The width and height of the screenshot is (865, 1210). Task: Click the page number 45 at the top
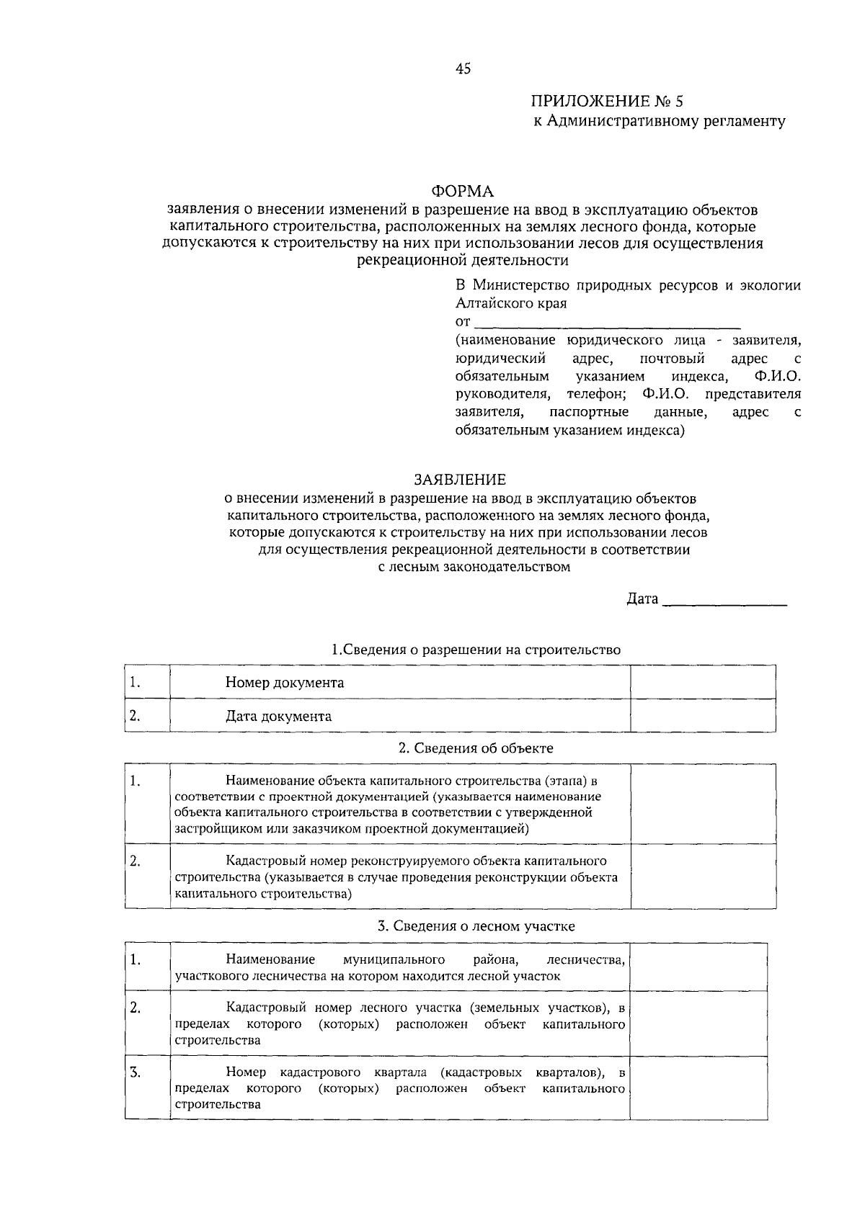tap(463, 69)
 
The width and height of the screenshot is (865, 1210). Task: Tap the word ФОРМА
tap(463, 191)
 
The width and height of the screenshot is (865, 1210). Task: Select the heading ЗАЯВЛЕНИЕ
tap(460, 480)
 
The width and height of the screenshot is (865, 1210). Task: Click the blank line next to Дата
tap(724, 599)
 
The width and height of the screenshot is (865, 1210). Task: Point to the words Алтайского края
tap(511, 303)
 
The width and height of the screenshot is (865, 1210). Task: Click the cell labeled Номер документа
tap(284, 682)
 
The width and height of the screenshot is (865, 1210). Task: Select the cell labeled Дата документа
tap(278, 716)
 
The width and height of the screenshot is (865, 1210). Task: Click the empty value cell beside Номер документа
tap(703, 682)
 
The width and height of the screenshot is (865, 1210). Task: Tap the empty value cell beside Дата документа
tap(703, 716)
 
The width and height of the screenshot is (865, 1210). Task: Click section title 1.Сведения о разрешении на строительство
tap(476, 650)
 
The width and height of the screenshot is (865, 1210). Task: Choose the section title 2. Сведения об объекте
tap(476, 748)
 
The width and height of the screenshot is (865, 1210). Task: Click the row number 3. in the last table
tap(136, 1073)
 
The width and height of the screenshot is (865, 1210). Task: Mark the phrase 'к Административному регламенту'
tap(659, 121)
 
